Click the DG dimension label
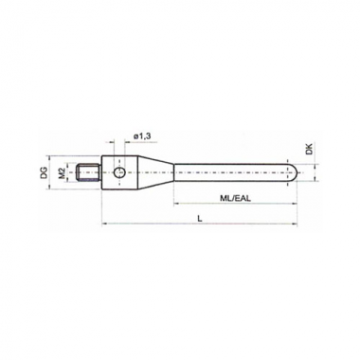tap(45, 172)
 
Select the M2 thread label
tap(62, 172)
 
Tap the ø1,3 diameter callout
tap(142, 136)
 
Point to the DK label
tap(309, 149)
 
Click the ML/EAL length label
tap(235, 198)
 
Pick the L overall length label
tap(200, 218)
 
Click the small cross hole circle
tap(119, 172)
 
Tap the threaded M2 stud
tap(89, 172)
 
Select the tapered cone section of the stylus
tap(155, 172)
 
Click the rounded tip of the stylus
tap(293, 172)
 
